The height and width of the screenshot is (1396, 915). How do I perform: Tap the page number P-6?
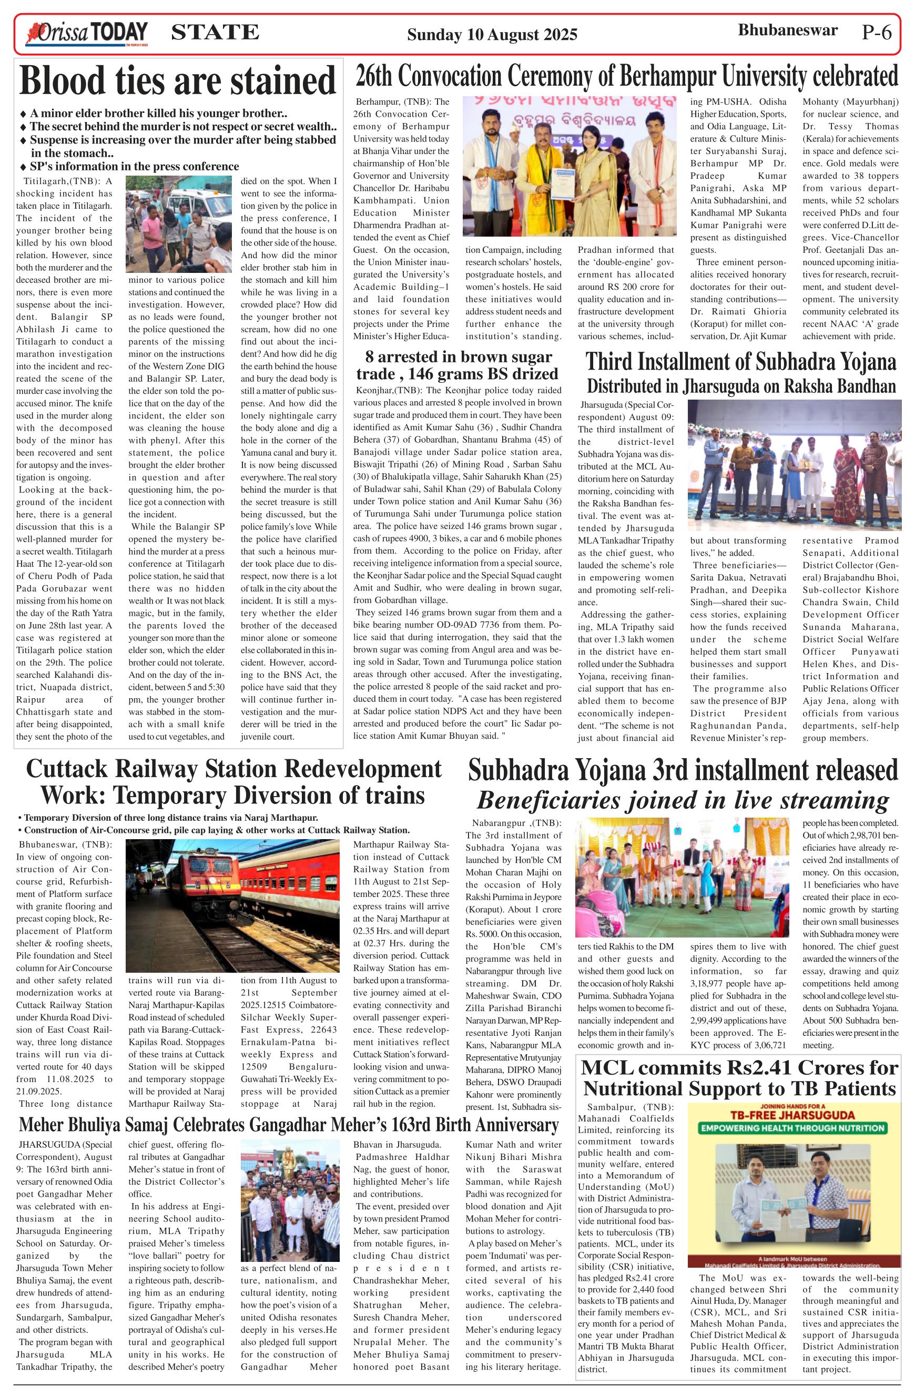[876, 33]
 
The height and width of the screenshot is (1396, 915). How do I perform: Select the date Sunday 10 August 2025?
[492, 35]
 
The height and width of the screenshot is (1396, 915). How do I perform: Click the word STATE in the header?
[215, 32]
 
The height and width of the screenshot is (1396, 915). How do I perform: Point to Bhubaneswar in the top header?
[787, 30]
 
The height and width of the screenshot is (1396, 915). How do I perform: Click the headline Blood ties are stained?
[178, 80]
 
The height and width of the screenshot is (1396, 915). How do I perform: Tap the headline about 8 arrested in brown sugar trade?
[458, 365]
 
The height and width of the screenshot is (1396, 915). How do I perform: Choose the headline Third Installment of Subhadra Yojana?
[741, 362]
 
